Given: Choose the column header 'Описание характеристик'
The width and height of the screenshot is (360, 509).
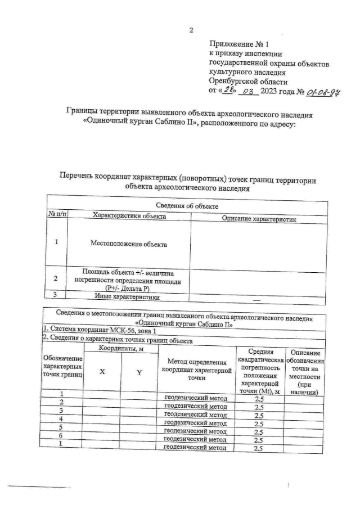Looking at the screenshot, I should click(259, 219).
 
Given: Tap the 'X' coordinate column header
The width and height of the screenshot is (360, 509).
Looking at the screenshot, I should click(102, 372).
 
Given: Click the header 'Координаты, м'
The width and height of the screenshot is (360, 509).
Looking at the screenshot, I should click(119, 349).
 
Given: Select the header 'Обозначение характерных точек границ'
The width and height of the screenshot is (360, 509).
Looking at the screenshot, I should click(62, 367).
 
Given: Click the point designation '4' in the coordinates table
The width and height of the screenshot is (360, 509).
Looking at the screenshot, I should click(61, 419).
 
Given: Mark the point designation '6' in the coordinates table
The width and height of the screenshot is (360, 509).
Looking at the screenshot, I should click(61, 435).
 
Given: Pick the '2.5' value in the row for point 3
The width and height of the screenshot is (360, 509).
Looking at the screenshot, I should click(259, 415).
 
